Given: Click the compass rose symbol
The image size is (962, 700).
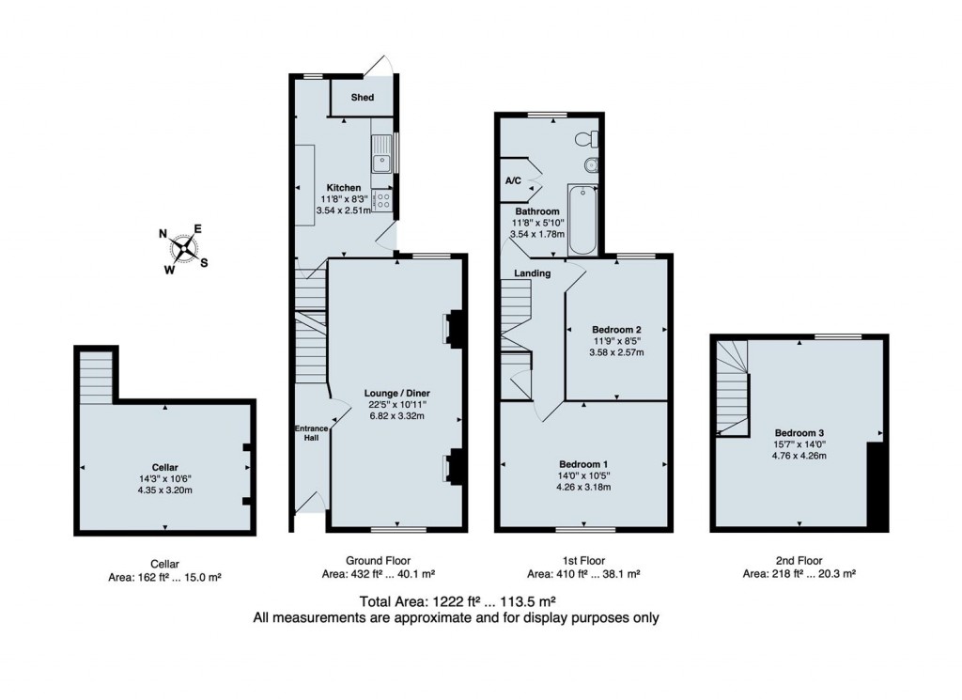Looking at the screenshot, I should coord(184,249).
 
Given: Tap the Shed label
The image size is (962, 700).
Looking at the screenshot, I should coord(362,98).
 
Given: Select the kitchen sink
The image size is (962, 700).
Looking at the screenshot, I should coord(382,161).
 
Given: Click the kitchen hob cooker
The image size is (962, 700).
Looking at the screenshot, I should coord(383,199).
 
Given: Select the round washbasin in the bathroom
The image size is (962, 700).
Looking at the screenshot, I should coord(591,166).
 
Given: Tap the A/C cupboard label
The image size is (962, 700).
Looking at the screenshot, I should coord(514,180).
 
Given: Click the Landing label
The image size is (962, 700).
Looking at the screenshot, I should coord(532,273).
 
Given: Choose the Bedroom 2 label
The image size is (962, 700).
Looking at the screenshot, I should coord(616,329).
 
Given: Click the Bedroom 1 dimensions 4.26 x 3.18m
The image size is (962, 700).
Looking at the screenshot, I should coord(584,487).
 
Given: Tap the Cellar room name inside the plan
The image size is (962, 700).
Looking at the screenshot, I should coord(164,466).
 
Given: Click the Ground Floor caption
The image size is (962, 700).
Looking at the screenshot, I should coord(379,560).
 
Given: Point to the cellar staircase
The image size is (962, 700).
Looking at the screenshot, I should coord(96,379).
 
